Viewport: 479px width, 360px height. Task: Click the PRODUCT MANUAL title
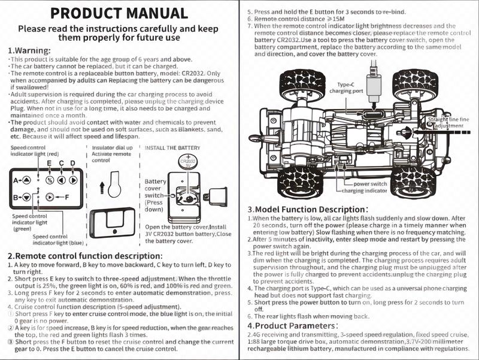point(119,13)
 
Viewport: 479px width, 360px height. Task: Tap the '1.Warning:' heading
point(29,50)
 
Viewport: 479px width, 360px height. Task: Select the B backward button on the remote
point(26,197)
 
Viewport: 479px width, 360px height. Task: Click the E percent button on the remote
point(50,180)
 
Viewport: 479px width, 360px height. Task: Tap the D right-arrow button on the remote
point(72,180)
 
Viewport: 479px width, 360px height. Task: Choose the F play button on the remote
point(50,197)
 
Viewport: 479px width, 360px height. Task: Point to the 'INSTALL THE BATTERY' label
point(172,148)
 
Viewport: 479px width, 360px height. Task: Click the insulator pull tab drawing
point(114,184)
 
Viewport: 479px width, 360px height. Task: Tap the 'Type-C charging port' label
point(346,87)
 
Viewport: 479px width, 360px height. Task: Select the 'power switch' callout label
point(370,184)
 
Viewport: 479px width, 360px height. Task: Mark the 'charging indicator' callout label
point(364,190)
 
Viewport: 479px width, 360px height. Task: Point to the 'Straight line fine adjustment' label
point(448,123)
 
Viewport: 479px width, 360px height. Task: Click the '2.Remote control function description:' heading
point(85,256)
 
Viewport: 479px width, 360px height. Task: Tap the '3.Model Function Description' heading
point(308,210)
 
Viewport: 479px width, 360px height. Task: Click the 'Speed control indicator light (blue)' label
point(58,240)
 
